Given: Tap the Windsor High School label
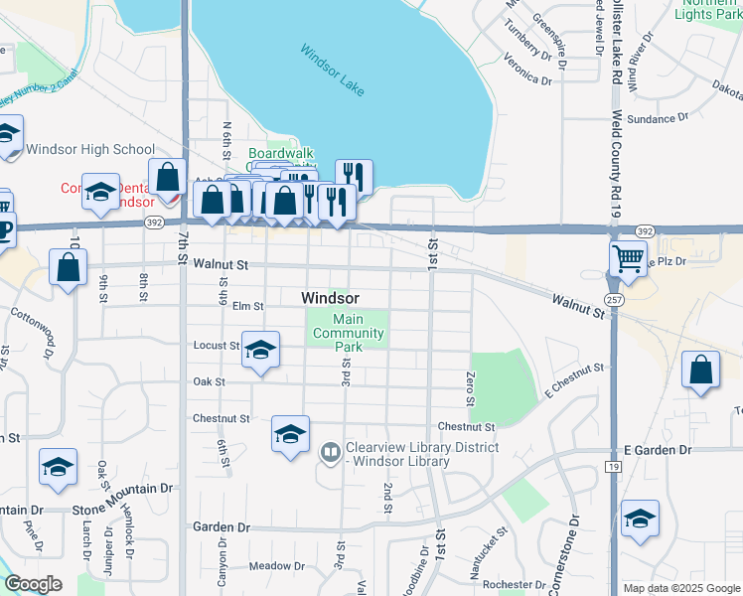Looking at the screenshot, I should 90,150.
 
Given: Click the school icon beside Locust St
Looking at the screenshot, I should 260,351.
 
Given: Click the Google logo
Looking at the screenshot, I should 34,584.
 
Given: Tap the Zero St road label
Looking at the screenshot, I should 469,388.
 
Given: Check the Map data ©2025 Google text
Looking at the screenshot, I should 680,588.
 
